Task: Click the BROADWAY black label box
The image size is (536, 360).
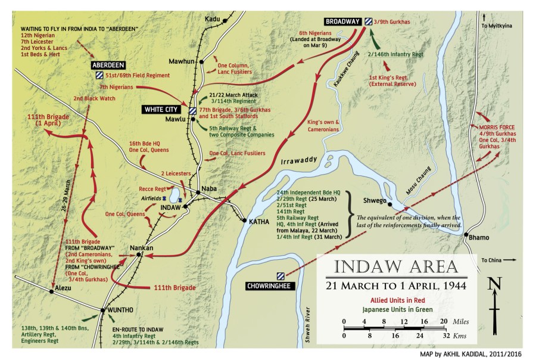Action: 343,21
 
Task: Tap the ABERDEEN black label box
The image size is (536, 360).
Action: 107,64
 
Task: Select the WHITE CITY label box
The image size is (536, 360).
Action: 163,110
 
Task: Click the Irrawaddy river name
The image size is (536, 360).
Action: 294,163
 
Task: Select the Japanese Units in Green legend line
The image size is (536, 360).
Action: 395,308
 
